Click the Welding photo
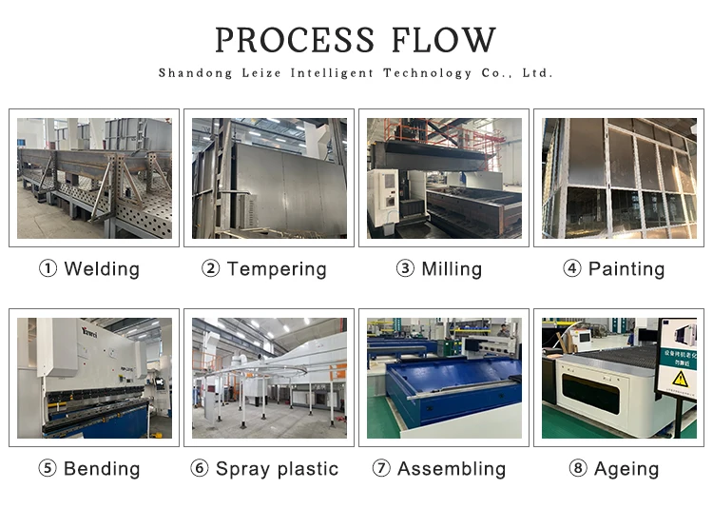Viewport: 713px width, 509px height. pyautogui.click(x=94, y=178)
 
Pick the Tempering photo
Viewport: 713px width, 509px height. pyautogui.click(x=269, y=178)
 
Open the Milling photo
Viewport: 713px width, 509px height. pyautogui.click(x=444, y=178)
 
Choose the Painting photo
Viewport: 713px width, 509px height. pyautogui.click(x=619, y=178)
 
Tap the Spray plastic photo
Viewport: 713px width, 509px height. pyautogui.click(x=269, y=378)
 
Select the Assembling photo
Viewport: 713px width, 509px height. pyautogui.click(x=444, y=378)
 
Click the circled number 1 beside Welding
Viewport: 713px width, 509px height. pyautogui.click(x=48, y=269)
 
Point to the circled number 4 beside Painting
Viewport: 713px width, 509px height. pyautogui.click(x=572, y=269)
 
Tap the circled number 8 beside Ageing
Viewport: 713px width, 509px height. pyautogui.click(x=578, y=469)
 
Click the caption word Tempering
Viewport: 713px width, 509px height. pyautogui.click(x=277, y=269)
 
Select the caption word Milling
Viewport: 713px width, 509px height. pyautogui.click(x=452, y=269)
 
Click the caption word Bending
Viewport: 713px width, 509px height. pyautogui.click(x=102, y=469)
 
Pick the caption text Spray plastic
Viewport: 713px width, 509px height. pyautogui.click(x=277, y=469)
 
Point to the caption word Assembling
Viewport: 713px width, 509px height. pyautogui.click(x=452, y=469)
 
